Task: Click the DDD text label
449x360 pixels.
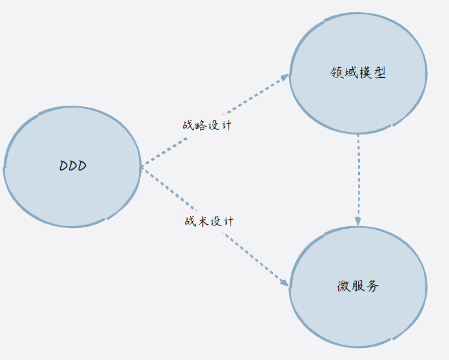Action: [x=73, y=166]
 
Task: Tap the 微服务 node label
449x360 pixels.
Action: [x=358, y=286]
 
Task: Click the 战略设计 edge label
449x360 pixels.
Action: [x=207, y=125]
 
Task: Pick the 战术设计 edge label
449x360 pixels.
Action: [x=209, y=221]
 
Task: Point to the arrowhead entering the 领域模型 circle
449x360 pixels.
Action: [x=286, y=77]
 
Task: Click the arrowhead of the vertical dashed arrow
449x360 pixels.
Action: [x=358, y=220]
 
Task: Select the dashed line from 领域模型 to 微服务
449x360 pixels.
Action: [x=358, y=176]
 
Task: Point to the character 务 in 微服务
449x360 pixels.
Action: [x=373, y=286]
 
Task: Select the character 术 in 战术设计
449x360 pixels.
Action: [x=202, y=221]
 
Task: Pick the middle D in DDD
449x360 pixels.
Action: [x=73, y=166]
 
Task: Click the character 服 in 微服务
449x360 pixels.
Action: [x=359, y=286]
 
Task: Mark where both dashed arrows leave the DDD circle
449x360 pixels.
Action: [x=142, y=167]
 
